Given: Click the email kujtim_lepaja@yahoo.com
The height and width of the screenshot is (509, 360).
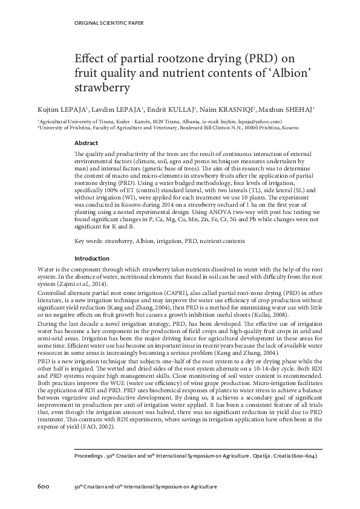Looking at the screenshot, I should (250, 122).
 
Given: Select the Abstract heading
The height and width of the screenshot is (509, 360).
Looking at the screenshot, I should (86, 143).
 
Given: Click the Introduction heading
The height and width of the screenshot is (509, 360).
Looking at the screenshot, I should (91, 258).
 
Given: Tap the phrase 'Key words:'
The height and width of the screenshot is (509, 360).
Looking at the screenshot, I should (88, 241).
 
